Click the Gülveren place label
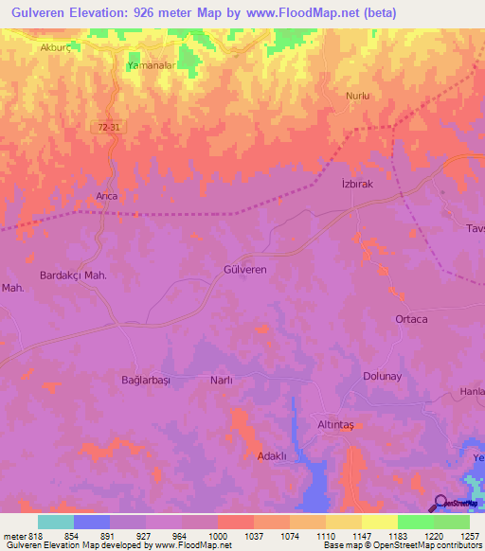tap(244, 270)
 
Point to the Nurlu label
tap(358, 96)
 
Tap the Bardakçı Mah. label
tap(71, 275)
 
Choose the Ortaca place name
tap(411, 319)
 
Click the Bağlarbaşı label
tap(145, 380)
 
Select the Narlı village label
tap(220, 380)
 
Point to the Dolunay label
tap(384, 376)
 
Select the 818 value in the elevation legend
tap(34, 536)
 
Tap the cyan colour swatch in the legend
tap(55, 522)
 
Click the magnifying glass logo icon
tap(440, 504)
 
